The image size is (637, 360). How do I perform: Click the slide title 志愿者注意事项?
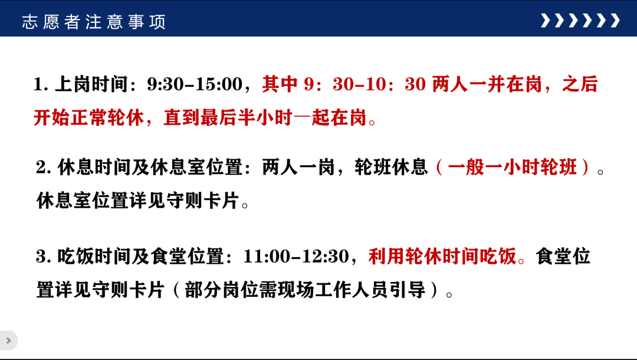coord(94,22)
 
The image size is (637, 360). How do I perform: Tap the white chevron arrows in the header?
coord(580,20)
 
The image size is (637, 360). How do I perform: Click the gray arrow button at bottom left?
coord(8,341)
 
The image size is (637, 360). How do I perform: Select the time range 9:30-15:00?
coord(195,84)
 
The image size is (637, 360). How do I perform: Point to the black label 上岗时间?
coord(91,84)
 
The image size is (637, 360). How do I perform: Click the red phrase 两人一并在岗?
coord(487,84)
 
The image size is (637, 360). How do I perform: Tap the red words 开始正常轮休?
coord(89,118)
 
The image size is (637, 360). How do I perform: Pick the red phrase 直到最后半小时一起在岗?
coord(265,118)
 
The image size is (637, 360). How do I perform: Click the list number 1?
coord(41,84)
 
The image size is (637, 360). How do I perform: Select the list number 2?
coord(43,168)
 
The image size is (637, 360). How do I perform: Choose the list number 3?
coord(43,257)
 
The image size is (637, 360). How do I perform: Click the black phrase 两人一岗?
coord(298,167)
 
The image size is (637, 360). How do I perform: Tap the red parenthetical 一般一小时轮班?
coord(513,167)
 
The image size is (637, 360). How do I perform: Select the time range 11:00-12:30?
coord(296,256)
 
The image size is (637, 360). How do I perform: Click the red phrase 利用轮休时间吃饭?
coord(442,256)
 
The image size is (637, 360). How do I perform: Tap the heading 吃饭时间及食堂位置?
coord(140,256)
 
